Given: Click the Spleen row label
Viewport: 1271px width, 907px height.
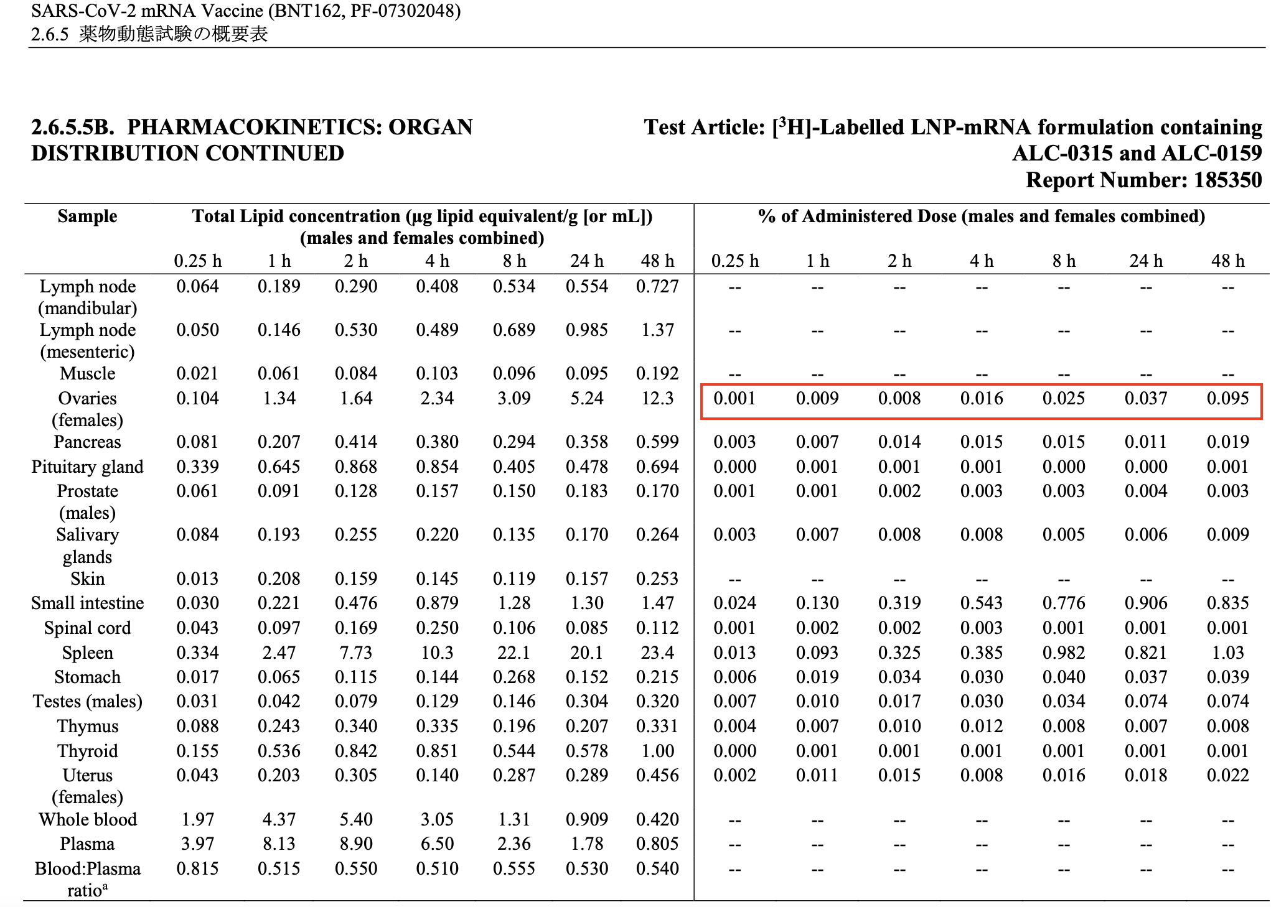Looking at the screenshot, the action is [88, 653].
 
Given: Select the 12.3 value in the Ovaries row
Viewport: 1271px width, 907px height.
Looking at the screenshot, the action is [657, 398].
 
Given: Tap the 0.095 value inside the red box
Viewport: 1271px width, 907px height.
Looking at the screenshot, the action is [1227, 398].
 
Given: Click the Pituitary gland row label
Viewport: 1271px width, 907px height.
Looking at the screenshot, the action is [88, 467].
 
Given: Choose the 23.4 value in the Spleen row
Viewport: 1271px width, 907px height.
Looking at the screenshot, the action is [657, 653].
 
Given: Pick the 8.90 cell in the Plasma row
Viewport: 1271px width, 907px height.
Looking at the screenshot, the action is [356, 844].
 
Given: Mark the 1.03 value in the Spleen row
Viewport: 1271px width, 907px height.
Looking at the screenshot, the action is [1227, 653].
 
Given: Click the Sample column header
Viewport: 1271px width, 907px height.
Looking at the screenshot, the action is [87, 216].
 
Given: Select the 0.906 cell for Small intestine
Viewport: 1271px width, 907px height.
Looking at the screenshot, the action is [1146, 603].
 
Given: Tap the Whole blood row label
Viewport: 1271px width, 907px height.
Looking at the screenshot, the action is [88, 819].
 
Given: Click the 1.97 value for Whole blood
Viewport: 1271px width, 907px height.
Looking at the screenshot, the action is [198, 819].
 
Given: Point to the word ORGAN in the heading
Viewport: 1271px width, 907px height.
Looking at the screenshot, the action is [431, 127].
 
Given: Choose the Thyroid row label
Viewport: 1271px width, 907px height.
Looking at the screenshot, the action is [88, 751].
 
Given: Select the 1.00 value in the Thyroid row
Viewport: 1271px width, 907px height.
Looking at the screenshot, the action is [657, 751].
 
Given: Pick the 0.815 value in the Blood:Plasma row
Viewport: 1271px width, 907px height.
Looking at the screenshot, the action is [198, 868].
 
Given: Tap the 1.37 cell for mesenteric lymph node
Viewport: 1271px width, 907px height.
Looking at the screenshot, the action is [657, 330].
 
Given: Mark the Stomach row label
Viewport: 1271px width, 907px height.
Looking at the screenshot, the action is [88, 677].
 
